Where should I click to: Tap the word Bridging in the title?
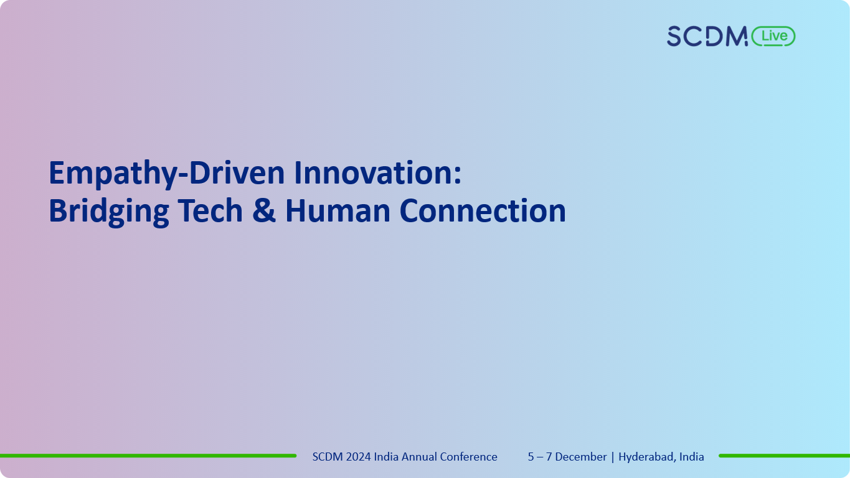click(x=109, y=211)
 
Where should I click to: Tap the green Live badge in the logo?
click(x=773, y=36)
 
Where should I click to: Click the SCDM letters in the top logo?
click(x=707, y=36)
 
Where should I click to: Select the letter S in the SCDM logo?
click(x=676, y=36)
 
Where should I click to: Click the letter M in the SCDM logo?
click(x=735, y=36)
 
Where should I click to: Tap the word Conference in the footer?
click(x=469, y=457)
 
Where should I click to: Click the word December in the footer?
click(x=580, y=457)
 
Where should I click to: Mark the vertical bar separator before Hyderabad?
click(x=613, y=457)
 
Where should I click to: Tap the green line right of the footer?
click(x=784, y=456)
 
